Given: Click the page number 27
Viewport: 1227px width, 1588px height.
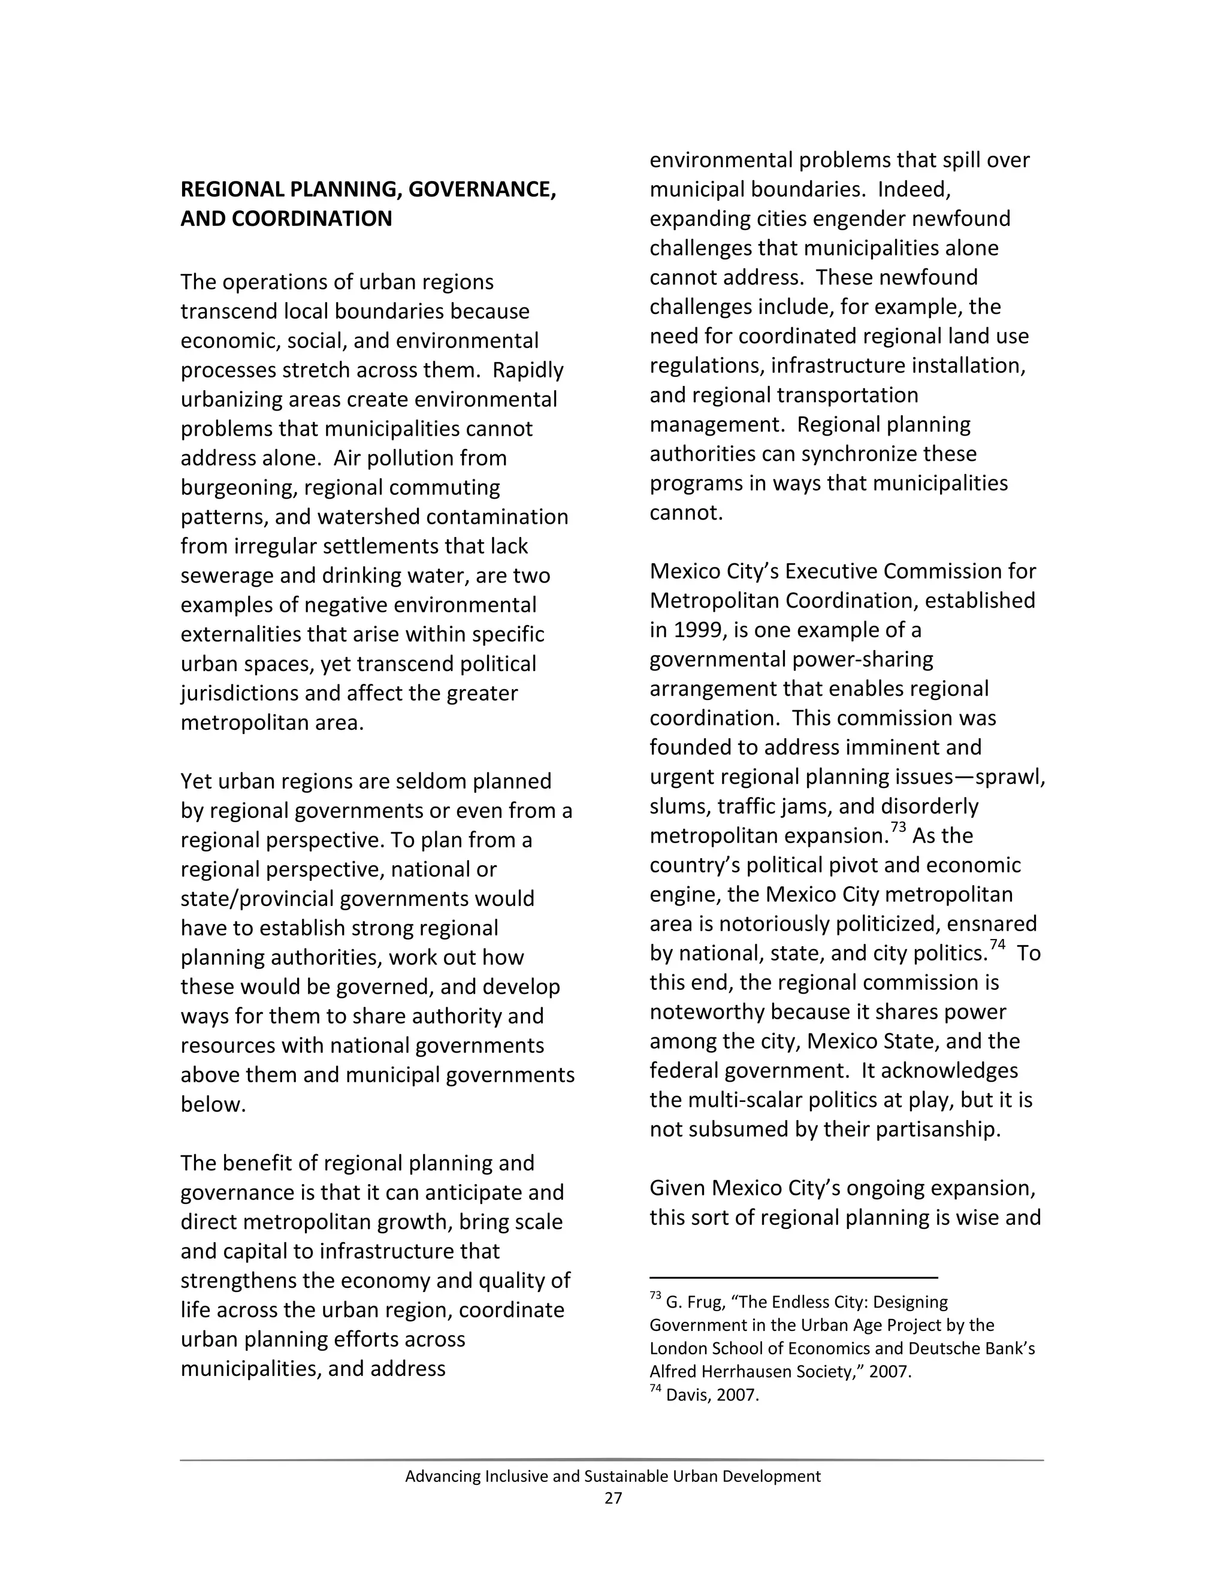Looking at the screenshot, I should pyautogui.click(x=613, y=1498).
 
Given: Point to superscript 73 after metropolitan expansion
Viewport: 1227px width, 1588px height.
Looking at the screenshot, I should pyautogui.click(x=899, y=828).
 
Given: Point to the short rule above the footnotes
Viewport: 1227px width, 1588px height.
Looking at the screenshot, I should pyautogui.click(x=793, y=1278).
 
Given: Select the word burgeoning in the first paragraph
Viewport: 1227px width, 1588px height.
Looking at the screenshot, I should pyautogui.click(x=238, y=488).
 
